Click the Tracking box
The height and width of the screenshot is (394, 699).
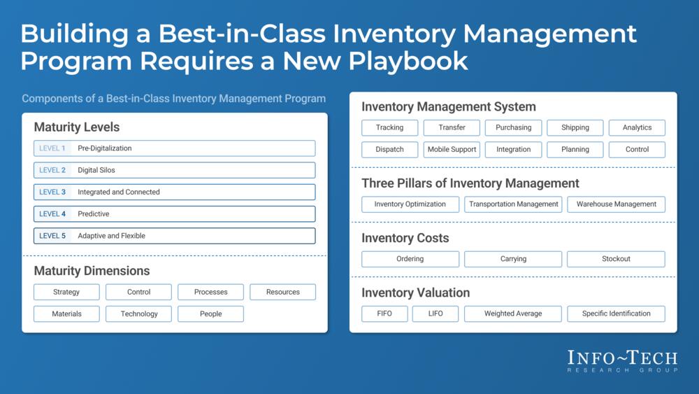[x=389, y=127]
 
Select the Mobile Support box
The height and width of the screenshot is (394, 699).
[x=452, y=150]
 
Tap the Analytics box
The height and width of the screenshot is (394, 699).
[x=637, y=127]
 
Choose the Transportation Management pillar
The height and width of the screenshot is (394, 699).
[x=513, y=204]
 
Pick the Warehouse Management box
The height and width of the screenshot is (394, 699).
[x=616, y=204]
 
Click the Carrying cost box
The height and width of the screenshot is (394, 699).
[x=513, y=259]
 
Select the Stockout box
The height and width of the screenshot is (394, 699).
[x=616, y=259]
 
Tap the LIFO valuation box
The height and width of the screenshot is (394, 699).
[x=435, y=314]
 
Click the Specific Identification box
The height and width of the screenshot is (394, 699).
[x=616, y=314]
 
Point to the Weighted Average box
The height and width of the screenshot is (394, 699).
[x=513, y=314]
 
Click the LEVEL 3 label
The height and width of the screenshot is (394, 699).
[x=52, y=192]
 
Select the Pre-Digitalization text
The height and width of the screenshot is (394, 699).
[x=105, y=148]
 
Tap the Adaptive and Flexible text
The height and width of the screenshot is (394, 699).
[x=111, y=236]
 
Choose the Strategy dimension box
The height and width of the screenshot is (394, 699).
[x=66, y=292]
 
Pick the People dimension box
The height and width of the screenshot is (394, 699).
[x=211, y=314]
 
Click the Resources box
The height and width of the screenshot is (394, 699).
[x=282, y=292]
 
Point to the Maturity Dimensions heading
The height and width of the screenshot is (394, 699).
[x=92, y=271]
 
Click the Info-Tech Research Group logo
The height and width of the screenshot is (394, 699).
[x=622, y=361]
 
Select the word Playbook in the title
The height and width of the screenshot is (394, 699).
[x=408, y=61]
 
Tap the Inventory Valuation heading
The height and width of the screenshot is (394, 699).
[x=415, y=293]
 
